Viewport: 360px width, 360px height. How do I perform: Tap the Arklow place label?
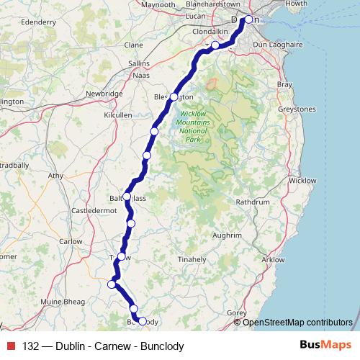coord(274,259)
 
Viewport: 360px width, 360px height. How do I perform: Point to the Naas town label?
coord(142,74)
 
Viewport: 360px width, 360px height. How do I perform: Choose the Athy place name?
coord(55,175)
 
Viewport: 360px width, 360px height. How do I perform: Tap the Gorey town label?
coord(237,313)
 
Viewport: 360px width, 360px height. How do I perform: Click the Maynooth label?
coord(159,4)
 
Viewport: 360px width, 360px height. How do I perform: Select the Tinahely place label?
coord(192,258)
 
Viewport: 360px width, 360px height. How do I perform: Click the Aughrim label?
coord(228,235)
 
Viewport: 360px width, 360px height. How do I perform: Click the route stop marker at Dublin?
coord(248,20)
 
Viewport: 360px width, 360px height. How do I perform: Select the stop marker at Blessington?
coord(174,96)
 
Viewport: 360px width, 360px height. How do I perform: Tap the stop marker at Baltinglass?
coord(127,196)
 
